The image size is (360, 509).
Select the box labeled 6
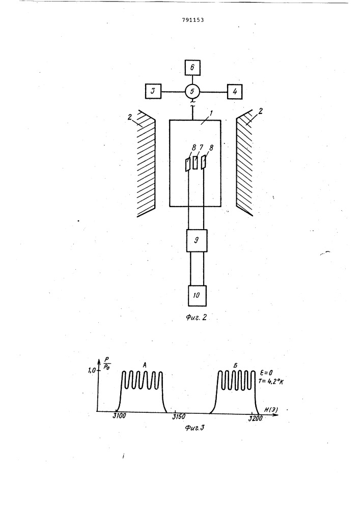192,68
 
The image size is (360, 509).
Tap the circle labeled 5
192,92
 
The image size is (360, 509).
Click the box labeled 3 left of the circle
153,92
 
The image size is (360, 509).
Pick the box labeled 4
235,92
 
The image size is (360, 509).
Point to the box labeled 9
196,240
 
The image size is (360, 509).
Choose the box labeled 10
196,295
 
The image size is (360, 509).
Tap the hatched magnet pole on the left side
146,163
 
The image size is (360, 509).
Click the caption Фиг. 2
195,319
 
